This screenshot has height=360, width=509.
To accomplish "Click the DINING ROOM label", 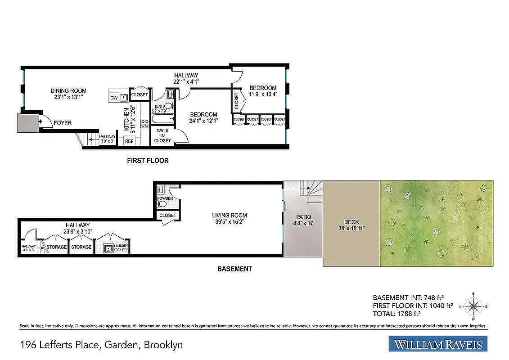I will point(68,90).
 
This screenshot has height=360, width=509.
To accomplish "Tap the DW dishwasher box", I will point(113,98).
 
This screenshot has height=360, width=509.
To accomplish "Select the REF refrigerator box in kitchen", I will point(129,141).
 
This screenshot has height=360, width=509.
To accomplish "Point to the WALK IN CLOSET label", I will point(162,135).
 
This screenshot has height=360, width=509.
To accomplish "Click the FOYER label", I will point(63,123).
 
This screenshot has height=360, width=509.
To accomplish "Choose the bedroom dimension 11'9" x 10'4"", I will point(263,94).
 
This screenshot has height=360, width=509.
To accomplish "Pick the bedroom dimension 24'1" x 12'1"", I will point(203,121).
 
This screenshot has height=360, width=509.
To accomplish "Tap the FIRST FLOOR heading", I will point(148,160).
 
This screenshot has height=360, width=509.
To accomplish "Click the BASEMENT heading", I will point(234,269).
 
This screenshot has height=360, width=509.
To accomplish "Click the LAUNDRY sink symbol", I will point(108,248).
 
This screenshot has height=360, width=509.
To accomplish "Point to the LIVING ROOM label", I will point(230,215).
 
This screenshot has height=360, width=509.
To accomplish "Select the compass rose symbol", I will point(473,306).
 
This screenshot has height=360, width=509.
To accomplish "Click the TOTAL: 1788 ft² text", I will point(396,314).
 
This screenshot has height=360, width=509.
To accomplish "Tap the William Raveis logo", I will point(438,345).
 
